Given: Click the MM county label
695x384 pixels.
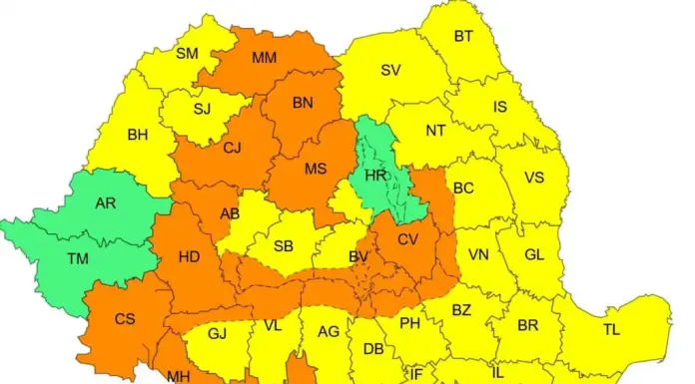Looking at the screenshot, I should [265, 58].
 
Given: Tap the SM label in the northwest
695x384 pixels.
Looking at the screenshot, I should [187, 53].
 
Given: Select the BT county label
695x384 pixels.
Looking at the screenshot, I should [463, 37].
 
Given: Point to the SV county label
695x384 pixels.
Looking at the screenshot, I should [390, 70].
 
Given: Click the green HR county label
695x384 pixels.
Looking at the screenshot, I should [375, 174].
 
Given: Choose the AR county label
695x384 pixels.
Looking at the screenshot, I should [105, 202].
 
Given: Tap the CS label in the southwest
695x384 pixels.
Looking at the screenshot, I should [125, 319].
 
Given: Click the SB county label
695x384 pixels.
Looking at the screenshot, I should [284, 245].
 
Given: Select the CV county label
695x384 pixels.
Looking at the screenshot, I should [407, 239].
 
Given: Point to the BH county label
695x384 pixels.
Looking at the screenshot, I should [137, 135].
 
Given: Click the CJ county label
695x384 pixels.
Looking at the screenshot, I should [232, 149].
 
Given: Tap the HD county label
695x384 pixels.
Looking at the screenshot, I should [189, 256].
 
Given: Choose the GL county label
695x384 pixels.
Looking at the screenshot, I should [534, 254].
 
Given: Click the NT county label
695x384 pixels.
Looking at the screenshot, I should [435, 131].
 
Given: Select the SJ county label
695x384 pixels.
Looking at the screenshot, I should [203, 108].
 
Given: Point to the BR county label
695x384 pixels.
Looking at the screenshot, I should [527, 326].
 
